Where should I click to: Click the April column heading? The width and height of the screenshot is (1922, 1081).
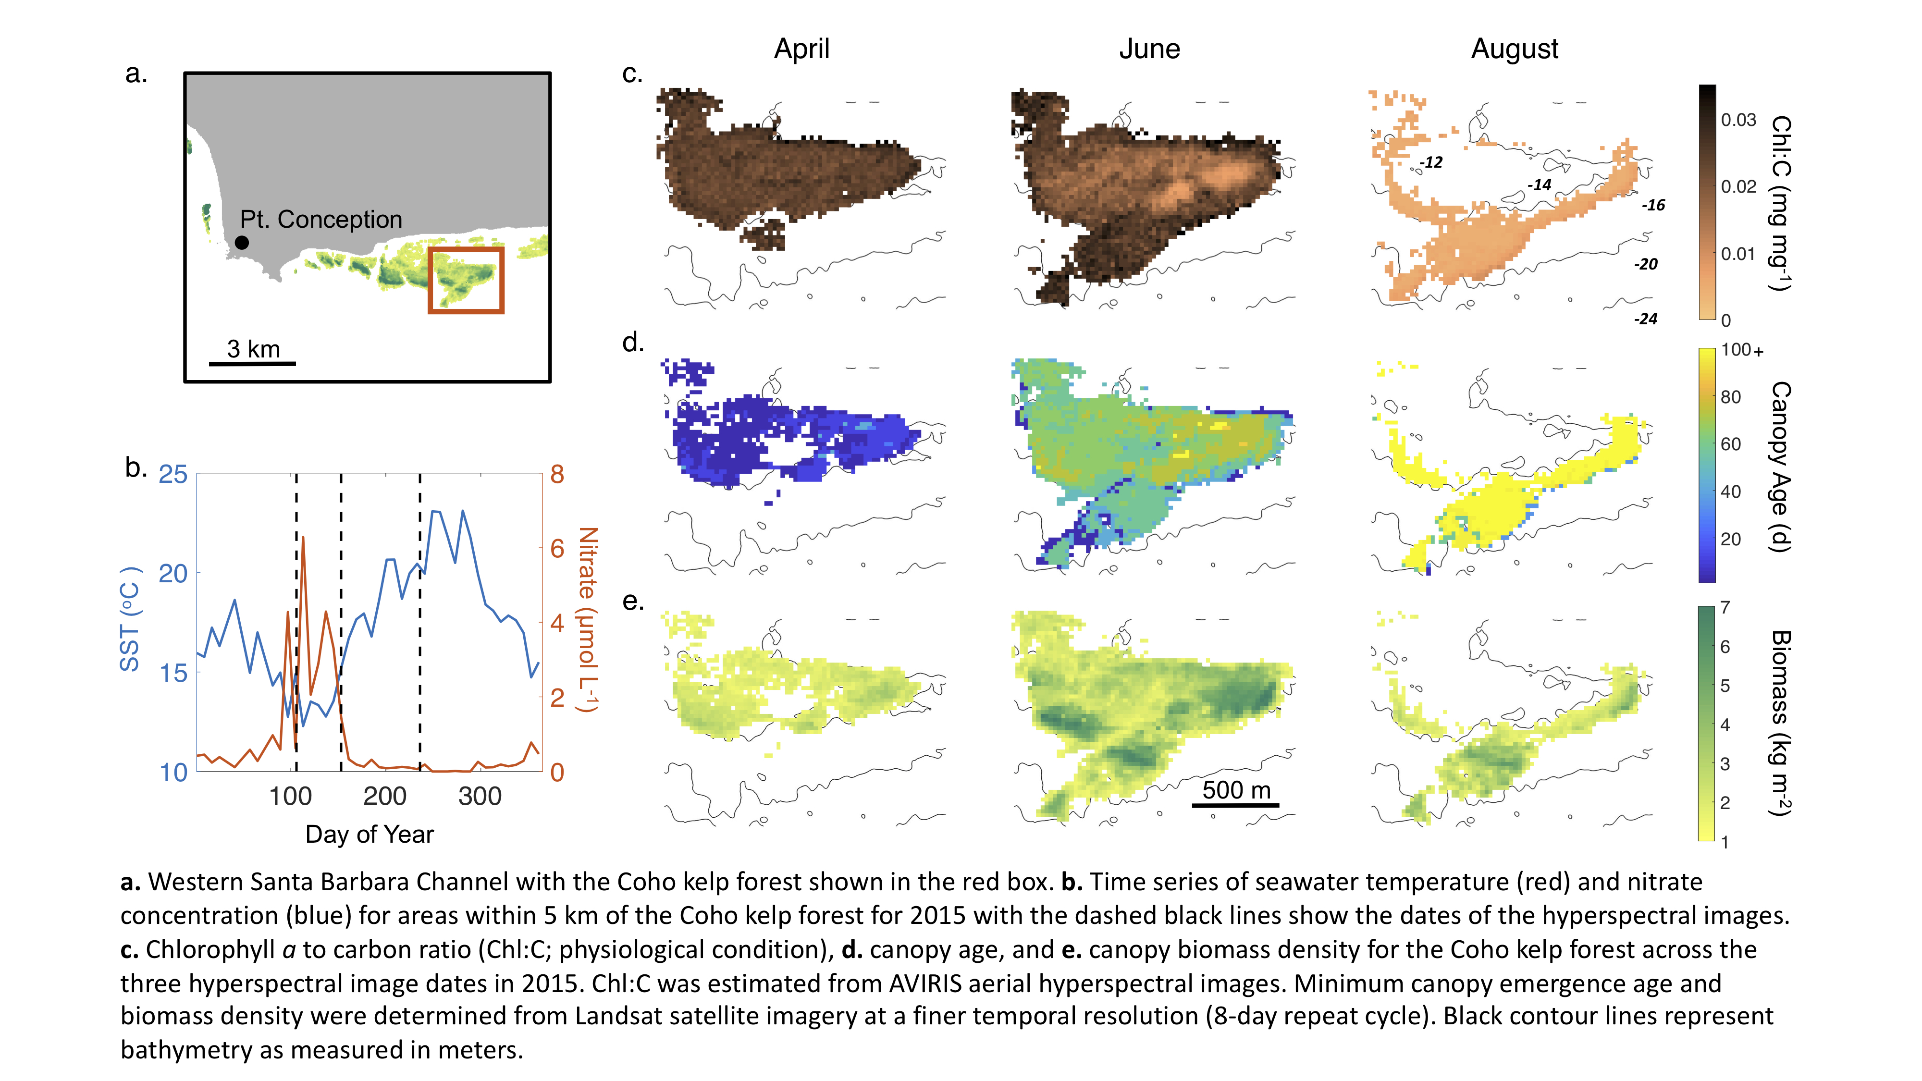click(801, 49)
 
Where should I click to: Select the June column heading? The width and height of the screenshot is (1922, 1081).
click(1149, 49)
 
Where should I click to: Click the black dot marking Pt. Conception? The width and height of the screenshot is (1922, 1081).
click(242, 243)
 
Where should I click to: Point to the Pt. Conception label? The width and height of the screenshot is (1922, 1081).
click(321, 220)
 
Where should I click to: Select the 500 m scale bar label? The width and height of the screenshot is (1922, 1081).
click(1236, 789)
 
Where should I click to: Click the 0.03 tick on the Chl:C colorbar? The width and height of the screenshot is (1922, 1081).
click(1738, 120)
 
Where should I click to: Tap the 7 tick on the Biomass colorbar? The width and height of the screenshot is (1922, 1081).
click(1725, 607)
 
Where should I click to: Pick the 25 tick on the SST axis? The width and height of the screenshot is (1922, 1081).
click(173, 475)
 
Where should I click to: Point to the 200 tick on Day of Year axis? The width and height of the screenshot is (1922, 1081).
click(385, 797)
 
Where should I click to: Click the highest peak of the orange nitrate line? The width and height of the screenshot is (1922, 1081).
click(303, 537)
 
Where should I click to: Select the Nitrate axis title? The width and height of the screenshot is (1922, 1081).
click(588, 619)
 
